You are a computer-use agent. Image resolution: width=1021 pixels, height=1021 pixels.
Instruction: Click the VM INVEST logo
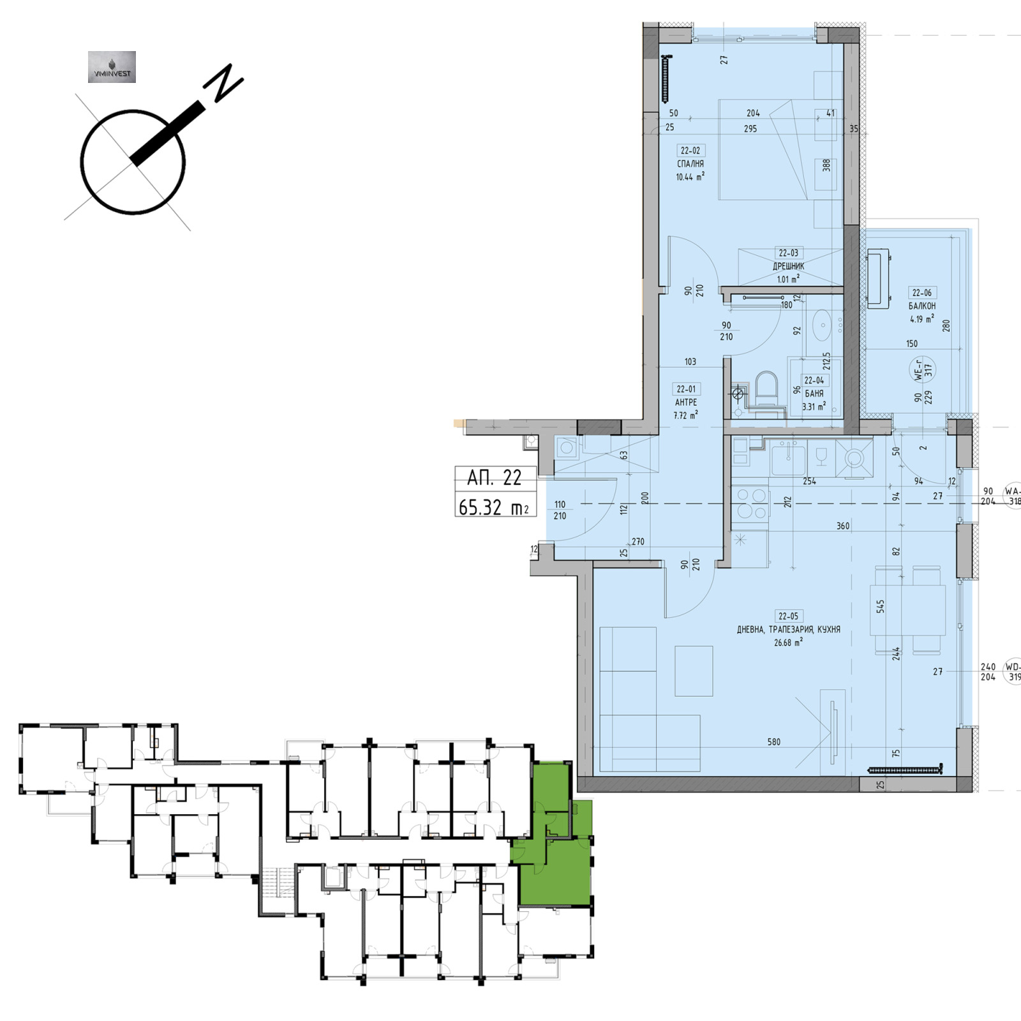[x=112, y=67]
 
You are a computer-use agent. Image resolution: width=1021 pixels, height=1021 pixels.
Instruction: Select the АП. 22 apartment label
[x=495, y=477]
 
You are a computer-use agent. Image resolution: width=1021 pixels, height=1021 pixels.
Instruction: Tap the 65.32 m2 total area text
[x=495, y=507]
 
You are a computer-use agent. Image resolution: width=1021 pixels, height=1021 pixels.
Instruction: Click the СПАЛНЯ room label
[x=690, y=164]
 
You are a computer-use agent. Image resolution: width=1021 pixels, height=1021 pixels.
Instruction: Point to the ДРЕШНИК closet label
[x=789, y=266]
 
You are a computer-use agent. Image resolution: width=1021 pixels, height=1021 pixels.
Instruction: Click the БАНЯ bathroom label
[x=814, y=394]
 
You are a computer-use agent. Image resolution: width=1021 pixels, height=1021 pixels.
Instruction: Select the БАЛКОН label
[x=922, y=306]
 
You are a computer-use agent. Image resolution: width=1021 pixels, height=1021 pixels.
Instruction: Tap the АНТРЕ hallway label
[x=686, y=403]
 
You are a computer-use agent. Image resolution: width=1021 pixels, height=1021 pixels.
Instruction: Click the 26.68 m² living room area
[x=788, y=643]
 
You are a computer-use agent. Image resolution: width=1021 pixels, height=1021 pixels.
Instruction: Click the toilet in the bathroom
[x=766, y=389]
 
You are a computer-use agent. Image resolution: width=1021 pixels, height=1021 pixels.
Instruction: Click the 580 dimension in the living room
[x=773, y=742]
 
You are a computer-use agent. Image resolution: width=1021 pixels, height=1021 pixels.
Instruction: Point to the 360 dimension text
[x=843, y=526]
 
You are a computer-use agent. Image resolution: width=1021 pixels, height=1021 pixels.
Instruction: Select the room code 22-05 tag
[x=788, y=616]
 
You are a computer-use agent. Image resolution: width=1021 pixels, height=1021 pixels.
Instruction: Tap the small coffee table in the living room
[x=694, y=670]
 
